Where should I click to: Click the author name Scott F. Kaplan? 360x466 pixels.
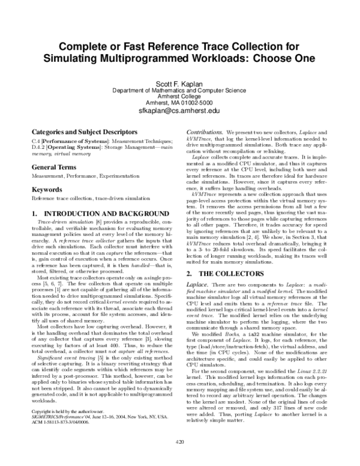[179, 83]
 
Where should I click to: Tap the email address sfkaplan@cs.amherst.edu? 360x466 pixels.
[179, 111]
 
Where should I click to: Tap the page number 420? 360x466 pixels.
[179, 442]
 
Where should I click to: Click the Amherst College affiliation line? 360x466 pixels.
[179, 96]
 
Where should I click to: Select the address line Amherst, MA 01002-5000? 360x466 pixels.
[179, 103]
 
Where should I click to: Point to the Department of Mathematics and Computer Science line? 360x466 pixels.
[179, 90]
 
